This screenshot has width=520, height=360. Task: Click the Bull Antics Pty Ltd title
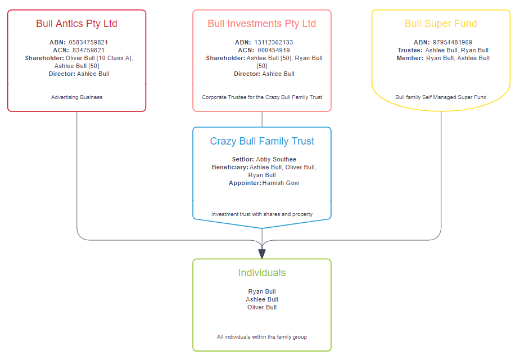pyautogui.click(x=76, y=24)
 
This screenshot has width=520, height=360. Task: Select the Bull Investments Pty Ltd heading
pyautogui.click(x=261, y=24)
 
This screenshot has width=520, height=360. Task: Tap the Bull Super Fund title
pyautogui.click(x=441, y=24)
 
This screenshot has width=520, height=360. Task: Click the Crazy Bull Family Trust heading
pyautogui.click(x=262, y=141)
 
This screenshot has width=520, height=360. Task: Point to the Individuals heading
pyautogui.click(x=262, y=273)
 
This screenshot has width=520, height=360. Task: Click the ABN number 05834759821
pyautogui.click(x=88, y=42)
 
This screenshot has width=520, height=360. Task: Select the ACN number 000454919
pyautogui.click(x=274, y=50)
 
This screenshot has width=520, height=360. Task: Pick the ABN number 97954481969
pyautogui.click(x=453, y=42)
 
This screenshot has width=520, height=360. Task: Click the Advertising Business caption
pyautogui.click(x=76, y=97)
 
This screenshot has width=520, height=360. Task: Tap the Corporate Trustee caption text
pyautogui.click(x=262, y=97)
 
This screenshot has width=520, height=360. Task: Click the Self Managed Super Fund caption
pyautogui.click(x=441, y=97)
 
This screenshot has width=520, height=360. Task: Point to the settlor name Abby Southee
pyautogui.click(x=276, y=159)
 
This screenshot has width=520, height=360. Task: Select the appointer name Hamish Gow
pyautogui.click(x=281, y=183)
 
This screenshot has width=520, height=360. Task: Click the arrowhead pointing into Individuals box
pyautogui.click(x=262, y=254)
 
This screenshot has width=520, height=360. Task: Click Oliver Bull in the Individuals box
pyautogui.click(x=262, y=307)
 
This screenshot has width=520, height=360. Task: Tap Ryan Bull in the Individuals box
pyautogui.click(x=262, y=291)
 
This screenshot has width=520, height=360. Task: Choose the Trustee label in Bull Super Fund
pyautogui.click(x=410, y=50)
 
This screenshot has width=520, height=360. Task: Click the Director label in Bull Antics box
pyautogui.click(x=62, y=74)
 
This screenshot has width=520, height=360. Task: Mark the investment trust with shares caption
pyautogui.click(x=262, y=214)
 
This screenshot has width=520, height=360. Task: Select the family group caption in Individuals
pyautogui.click(x=262, y=337)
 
